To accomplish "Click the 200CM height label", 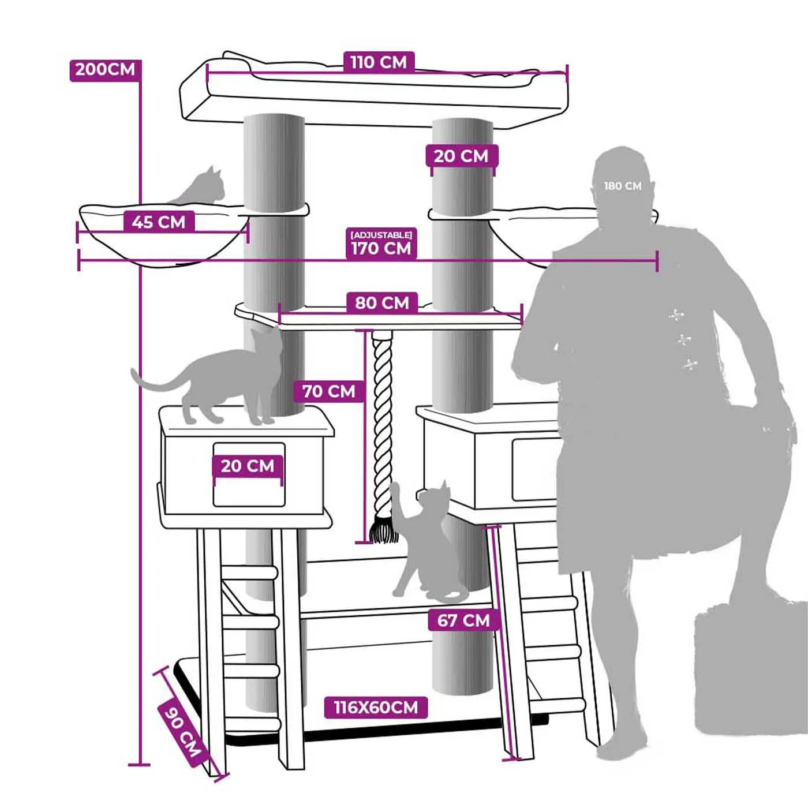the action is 105,70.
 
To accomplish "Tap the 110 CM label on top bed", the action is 379,62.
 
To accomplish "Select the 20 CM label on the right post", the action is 461,156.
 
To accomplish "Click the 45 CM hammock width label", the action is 159,222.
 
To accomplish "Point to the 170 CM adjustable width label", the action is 381,248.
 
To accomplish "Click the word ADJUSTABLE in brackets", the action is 381,234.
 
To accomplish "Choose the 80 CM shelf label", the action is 382,303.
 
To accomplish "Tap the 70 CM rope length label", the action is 329,392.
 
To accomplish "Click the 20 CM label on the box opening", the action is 248,466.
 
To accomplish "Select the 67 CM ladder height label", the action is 464,620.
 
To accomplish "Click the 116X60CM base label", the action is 376,708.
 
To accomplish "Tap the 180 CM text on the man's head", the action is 623,186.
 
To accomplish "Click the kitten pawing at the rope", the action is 424,541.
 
